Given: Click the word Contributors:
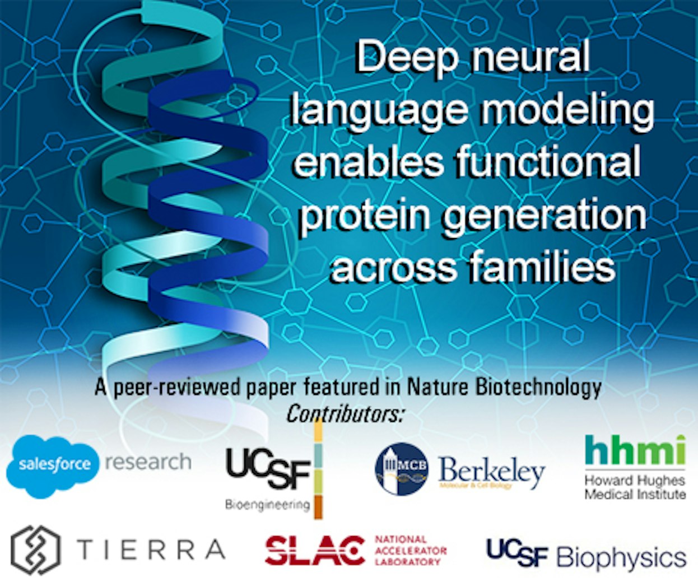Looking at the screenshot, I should [x=345, y=414].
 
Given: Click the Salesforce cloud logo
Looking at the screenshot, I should [x=53, y=465].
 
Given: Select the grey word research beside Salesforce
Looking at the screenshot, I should [x=148, y=463].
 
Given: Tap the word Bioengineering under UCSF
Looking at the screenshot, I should [x=267, y=505].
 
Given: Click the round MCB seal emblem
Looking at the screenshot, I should [x=402, y=469].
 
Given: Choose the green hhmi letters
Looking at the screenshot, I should [x=635, y=450].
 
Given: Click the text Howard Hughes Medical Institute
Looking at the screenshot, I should [x=635, y=487].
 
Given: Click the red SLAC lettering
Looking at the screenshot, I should [x=314, y=551].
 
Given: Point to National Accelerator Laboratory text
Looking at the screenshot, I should [x=410, y=550].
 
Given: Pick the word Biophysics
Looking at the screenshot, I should [x=621, y=557].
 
